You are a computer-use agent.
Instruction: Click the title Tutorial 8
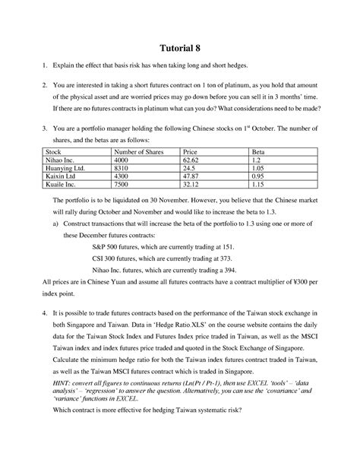[180, 43]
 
